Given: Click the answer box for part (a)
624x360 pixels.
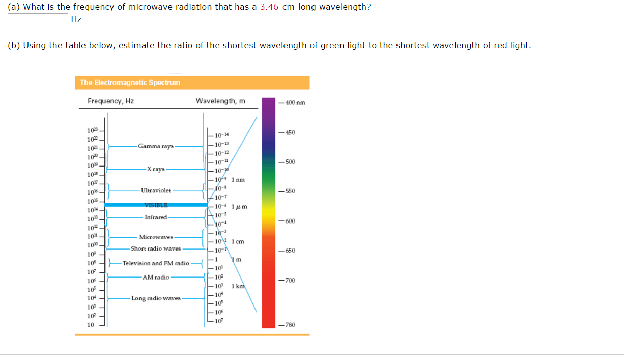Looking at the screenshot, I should point(38,20).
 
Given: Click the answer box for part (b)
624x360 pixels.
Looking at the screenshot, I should point(38,59).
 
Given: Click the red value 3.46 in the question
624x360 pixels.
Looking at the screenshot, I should point(268,7).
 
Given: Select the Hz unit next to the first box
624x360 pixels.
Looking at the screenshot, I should point(76,20).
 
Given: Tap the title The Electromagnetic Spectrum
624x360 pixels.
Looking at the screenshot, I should point(130,82).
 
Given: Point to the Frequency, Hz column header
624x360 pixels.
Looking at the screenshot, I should point(110,101).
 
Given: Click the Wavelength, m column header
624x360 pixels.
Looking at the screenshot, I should point(220,101).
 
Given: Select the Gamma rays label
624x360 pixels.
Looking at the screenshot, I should point(155,146).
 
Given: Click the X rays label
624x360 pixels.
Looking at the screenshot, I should point(155,169).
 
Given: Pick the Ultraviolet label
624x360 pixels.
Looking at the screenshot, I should point(156,190).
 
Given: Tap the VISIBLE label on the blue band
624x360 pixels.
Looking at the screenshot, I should point(156,205).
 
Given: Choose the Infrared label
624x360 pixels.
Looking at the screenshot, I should point(156,217).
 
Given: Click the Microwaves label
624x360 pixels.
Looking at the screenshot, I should point(156,237).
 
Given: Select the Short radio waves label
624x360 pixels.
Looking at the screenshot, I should point(155,249).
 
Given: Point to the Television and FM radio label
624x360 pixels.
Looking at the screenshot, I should point(156,263).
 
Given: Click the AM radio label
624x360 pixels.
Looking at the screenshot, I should point(156,278).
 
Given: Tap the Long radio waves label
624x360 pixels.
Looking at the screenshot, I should point(156,298).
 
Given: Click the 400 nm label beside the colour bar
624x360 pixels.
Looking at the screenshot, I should point(295,103).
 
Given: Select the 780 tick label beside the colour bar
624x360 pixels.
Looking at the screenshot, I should point(290,325).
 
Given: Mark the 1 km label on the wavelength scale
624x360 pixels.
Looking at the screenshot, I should point(238,286).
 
